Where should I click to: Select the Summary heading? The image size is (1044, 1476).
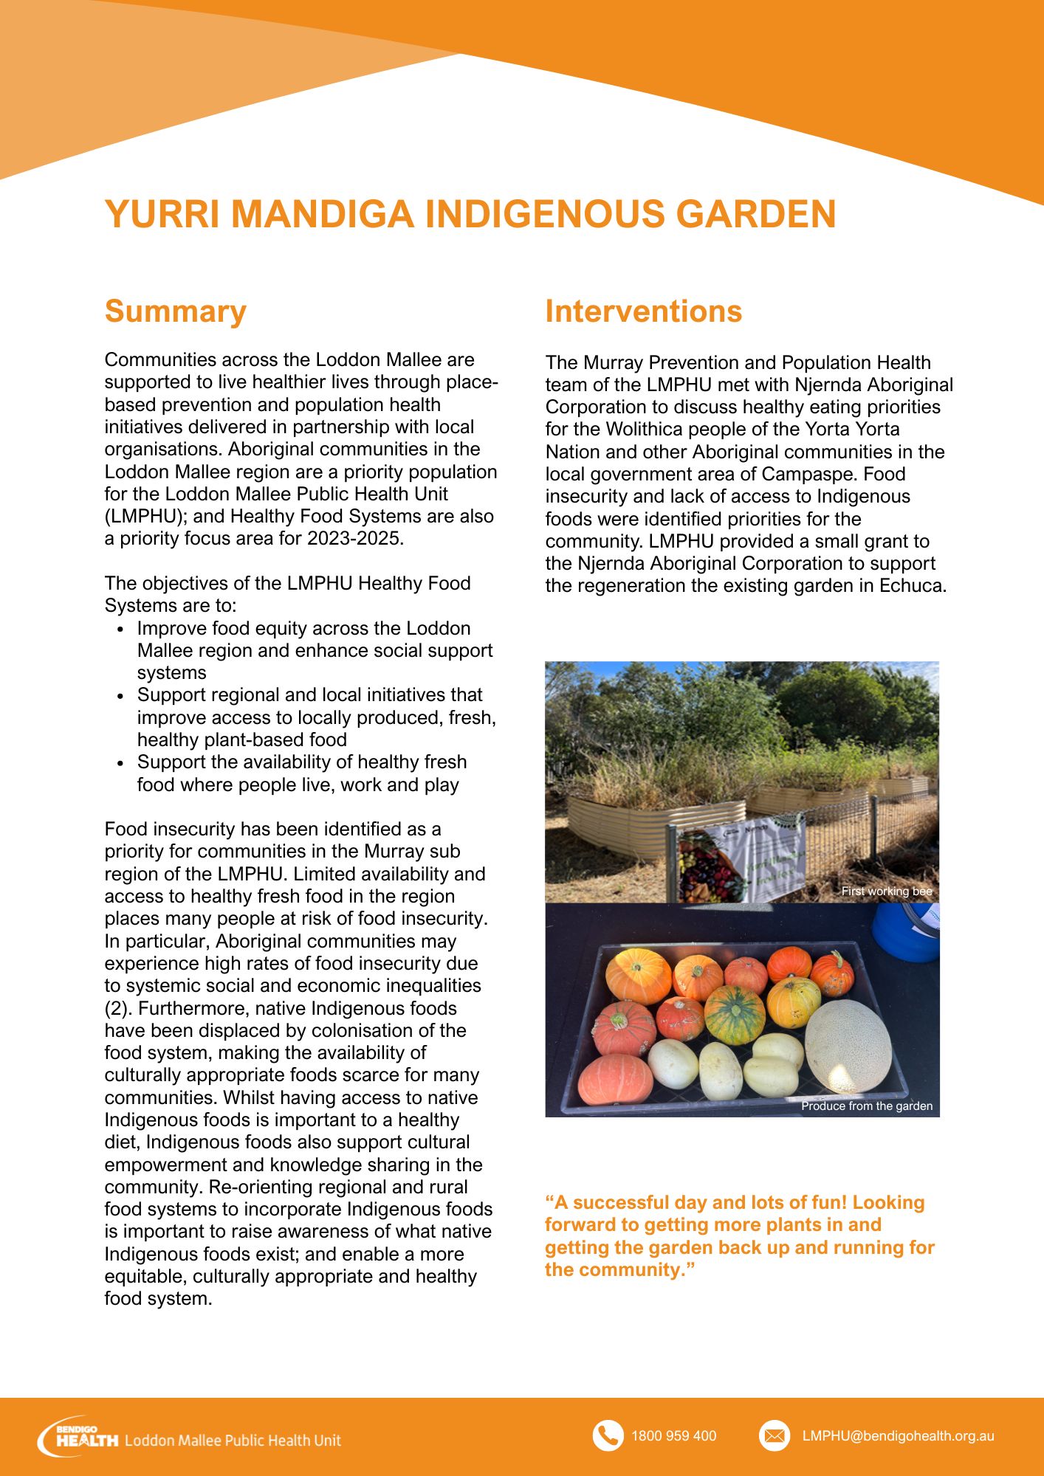[175, 311]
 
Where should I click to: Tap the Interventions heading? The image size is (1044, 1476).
[643, 311]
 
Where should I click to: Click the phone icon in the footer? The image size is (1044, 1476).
[608, 1435]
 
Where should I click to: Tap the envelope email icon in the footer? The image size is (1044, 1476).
[774, 1435]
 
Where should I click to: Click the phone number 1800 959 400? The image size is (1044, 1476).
[673, 1436]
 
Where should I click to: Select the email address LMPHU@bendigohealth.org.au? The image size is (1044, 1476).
[898, 1436]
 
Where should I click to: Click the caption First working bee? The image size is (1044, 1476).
[886, 892]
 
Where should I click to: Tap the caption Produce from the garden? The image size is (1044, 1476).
[866, 1106]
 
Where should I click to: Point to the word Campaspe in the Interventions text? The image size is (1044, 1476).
[807, 475]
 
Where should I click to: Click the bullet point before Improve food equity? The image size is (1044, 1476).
[120, 630]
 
